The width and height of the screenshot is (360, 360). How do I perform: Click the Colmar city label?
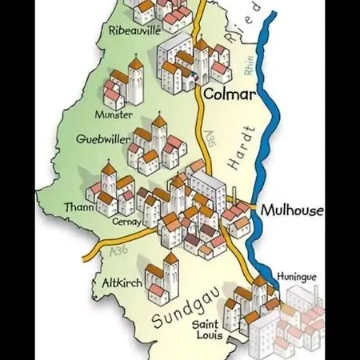coord(229,94)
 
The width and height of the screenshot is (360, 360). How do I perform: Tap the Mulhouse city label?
coord(291,210)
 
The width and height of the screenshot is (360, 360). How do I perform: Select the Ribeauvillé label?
coord(134,30)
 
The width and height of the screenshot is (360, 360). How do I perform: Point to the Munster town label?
coord(113,114)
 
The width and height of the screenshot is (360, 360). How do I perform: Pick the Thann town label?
coord(79,208)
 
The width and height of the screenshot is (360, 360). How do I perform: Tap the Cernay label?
coord(126,222)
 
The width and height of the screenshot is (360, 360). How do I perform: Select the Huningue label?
coord(297,277)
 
